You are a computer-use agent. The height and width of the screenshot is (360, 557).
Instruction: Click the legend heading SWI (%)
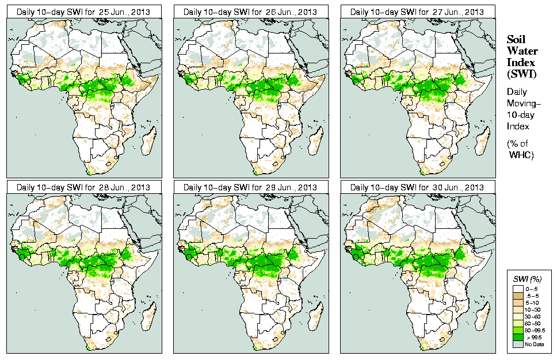click(526, 279)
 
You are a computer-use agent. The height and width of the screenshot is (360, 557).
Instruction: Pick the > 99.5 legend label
click(533, 338)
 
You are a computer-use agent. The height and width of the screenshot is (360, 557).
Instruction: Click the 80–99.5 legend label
click(536, 330)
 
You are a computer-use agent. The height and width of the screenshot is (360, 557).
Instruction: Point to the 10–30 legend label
click(533, 309)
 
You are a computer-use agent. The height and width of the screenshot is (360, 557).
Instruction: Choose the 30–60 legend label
click(533, 316)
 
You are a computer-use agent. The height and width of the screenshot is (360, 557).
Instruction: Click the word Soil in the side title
click(516, 39)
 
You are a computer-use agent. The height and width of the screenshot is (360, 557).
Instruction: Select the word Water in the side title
click(520, 51)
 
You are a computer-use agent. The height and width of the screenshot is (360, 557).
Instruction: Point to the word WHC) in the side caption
click(522, 155)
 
